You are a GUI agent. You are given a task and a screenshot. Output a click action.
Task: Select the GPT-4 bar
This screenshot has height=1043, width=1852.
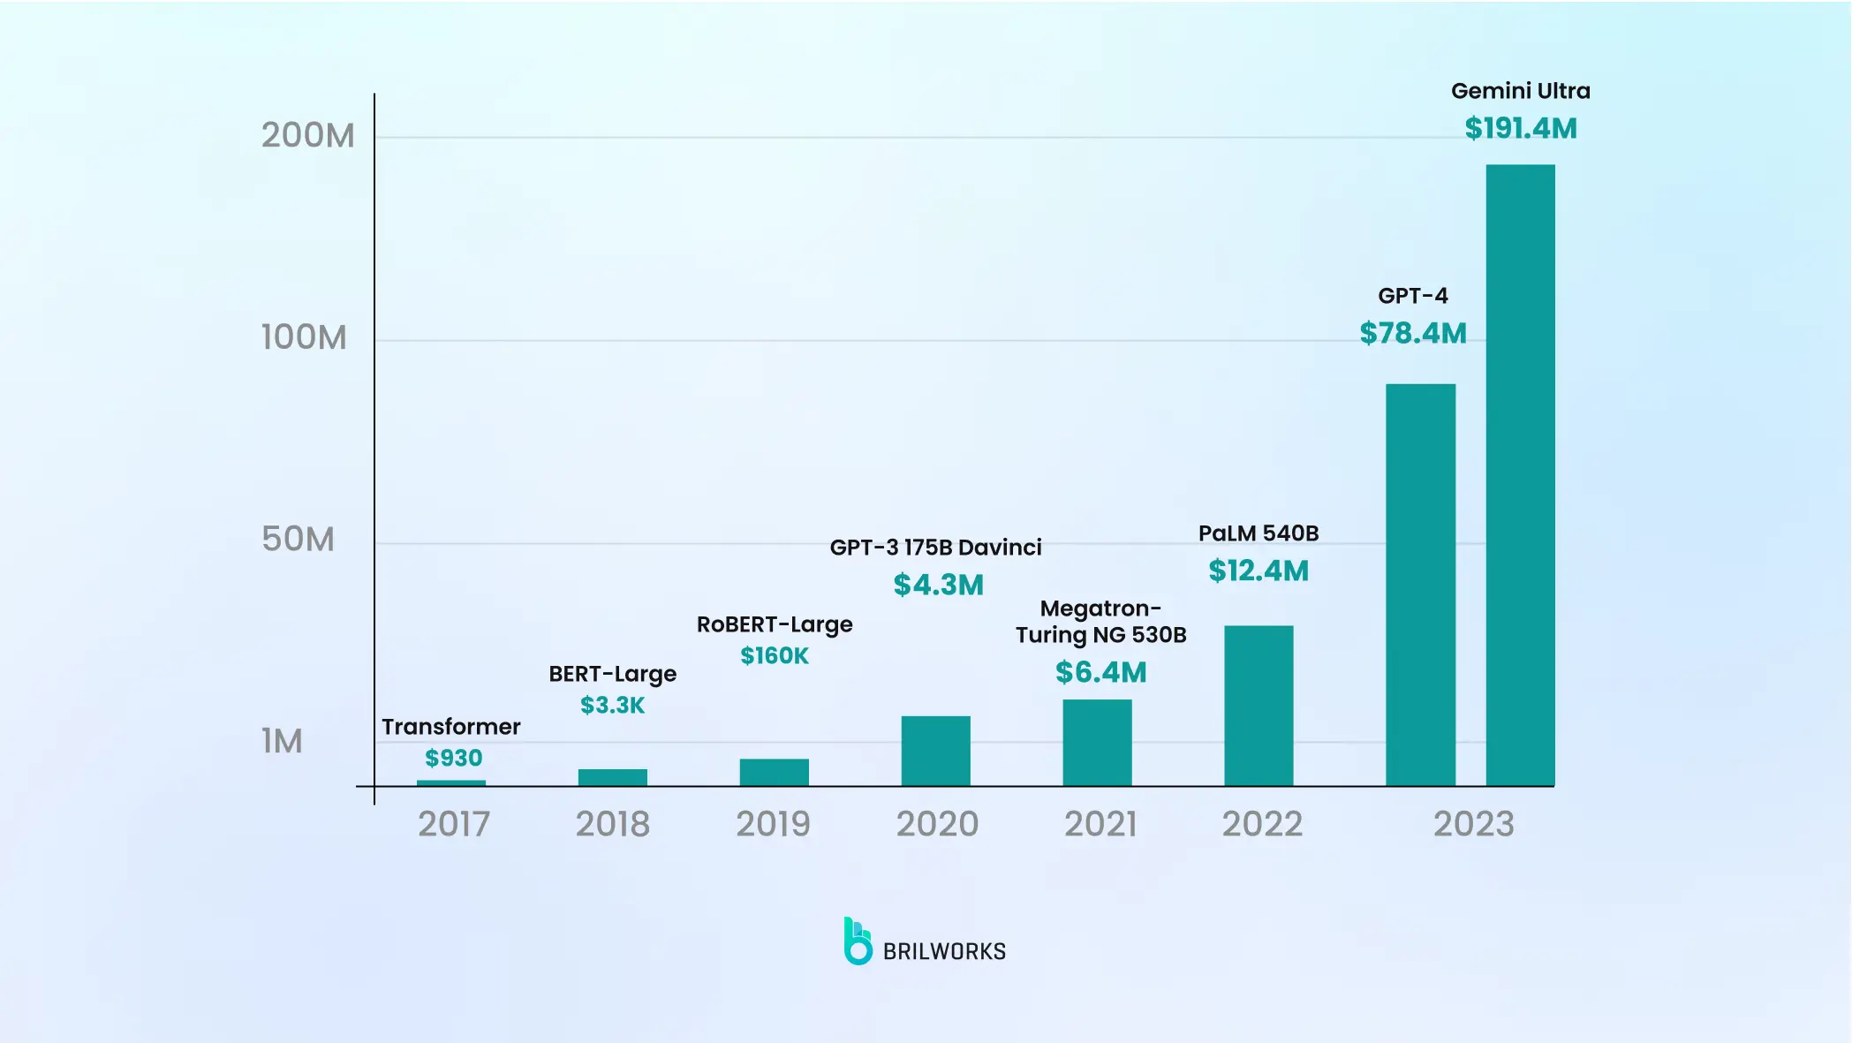pos(1420,585)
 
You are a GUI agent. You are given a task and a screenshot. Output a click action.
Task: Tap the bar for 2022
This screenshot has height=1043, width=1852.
pos(1259,706)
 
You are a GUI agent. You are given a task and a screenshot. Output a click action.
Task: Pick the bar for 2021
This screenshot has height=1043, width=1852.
pos(1097,743)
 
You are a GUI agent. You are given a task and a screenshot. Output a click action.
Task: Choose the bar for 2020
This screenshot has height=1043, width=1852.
pos(935,751)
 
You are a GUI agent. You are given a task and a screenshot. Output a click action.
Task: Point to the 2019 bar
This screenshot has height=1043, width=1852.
pos(774,772)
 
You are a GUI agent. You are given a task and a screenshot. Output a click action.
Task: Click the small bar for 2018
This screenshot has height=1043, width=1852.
pos(612,777)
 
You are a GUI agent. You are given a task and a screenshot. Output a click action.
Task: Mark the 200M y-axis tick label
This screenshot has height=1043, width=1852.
pos(307,135)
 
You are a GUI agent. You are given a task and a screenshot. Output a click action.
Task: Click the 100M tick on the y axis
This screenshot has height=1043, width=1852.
pos(304,337)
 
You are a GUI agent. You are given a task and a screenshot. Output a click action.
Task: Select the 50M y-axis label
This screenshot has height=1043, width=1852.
pos(299,539)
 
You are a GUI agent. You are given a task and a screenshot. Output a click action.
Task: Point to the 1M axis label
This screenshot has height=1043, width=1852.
pos(282,741)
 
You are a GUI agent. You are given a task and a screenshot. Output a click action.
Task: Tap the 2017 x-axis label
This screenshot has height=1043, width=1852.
pos(454,824)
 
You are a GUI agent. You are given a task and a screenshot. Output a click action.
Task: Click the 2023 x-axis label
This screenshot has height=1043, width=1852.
pos(1473,824)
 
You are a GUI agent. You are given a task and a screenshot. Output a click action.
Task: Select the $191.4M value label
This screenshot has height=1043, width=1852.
pos(1521,129)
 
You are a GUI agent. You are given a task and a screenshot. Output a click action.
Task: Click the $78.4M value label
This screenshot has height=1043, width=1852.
pos(1413,333)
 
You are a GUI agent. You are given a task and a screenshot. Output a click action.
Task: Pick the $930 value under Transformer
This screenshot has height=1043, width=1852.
pos(454,758)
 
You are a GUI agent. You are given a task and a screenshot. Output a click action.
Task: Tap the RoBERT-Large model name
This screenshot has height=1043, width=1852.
pos(775,624)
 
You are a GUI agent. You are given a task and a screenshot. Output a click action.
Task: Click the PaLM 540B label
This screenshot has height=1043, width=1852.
pos(1259,533)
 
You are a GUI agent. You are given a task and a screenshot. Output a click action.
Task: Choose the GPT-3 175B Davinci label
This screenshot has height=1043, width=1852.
pos(935,548)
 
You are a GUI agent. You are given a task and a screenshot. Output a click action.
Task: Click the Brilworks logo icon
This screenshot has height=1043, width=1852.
pos(857,941)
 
